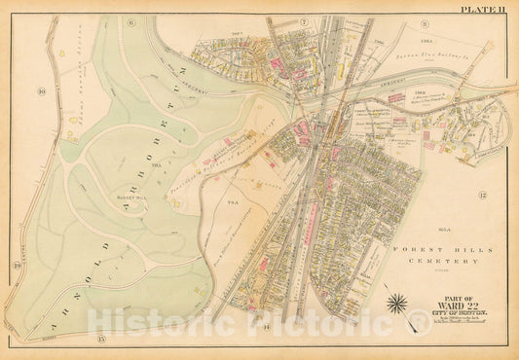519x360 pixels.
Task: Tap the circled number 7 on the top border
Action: [304, 20]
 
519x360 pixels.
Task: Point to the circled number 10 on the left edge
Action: [42, 92]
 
